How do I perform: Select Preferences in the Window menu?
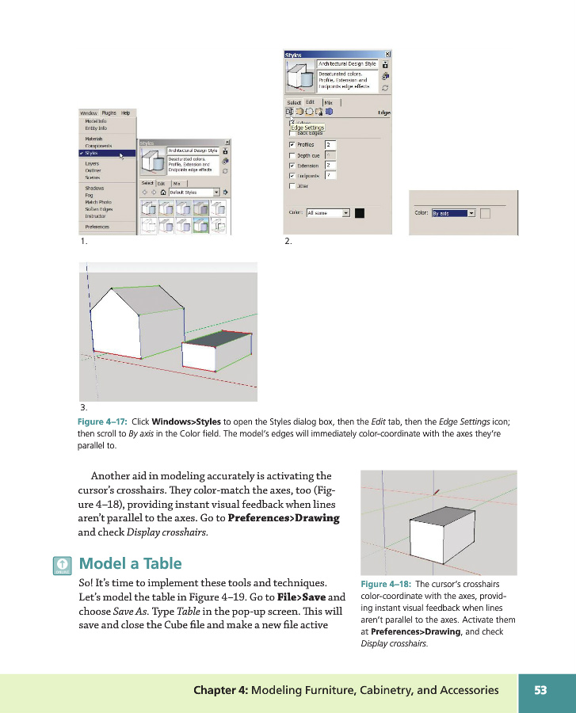pyautogui.click(x=97, y=227)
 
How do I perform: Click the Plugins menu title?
pyautogui.click(x=109, y=113)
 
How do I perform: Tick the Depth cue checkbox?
pyautogui.click(x=292, y=155)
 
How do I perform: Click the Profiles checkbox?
pyautogui.click(x=292, y=145)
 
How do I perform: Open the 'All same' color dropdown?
pyautogui.click(x=327, y=213)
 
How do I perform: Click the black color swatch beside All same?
pyautogui.click(x=360, y=213)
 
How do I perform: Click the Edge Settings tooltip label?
pyautogui.click(x=307, y=128)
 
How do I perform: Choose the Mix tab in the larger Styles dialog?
pyautogui.click(x=329, y=102)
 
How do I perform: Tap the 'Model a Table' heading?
pyautogui.click(x=131, y=564)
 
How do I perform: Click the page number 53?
pyautogui.click(x=541, y=690)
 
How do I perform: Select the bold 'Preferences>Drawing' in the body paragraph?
pyautogui.click(x=283, y=518)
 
